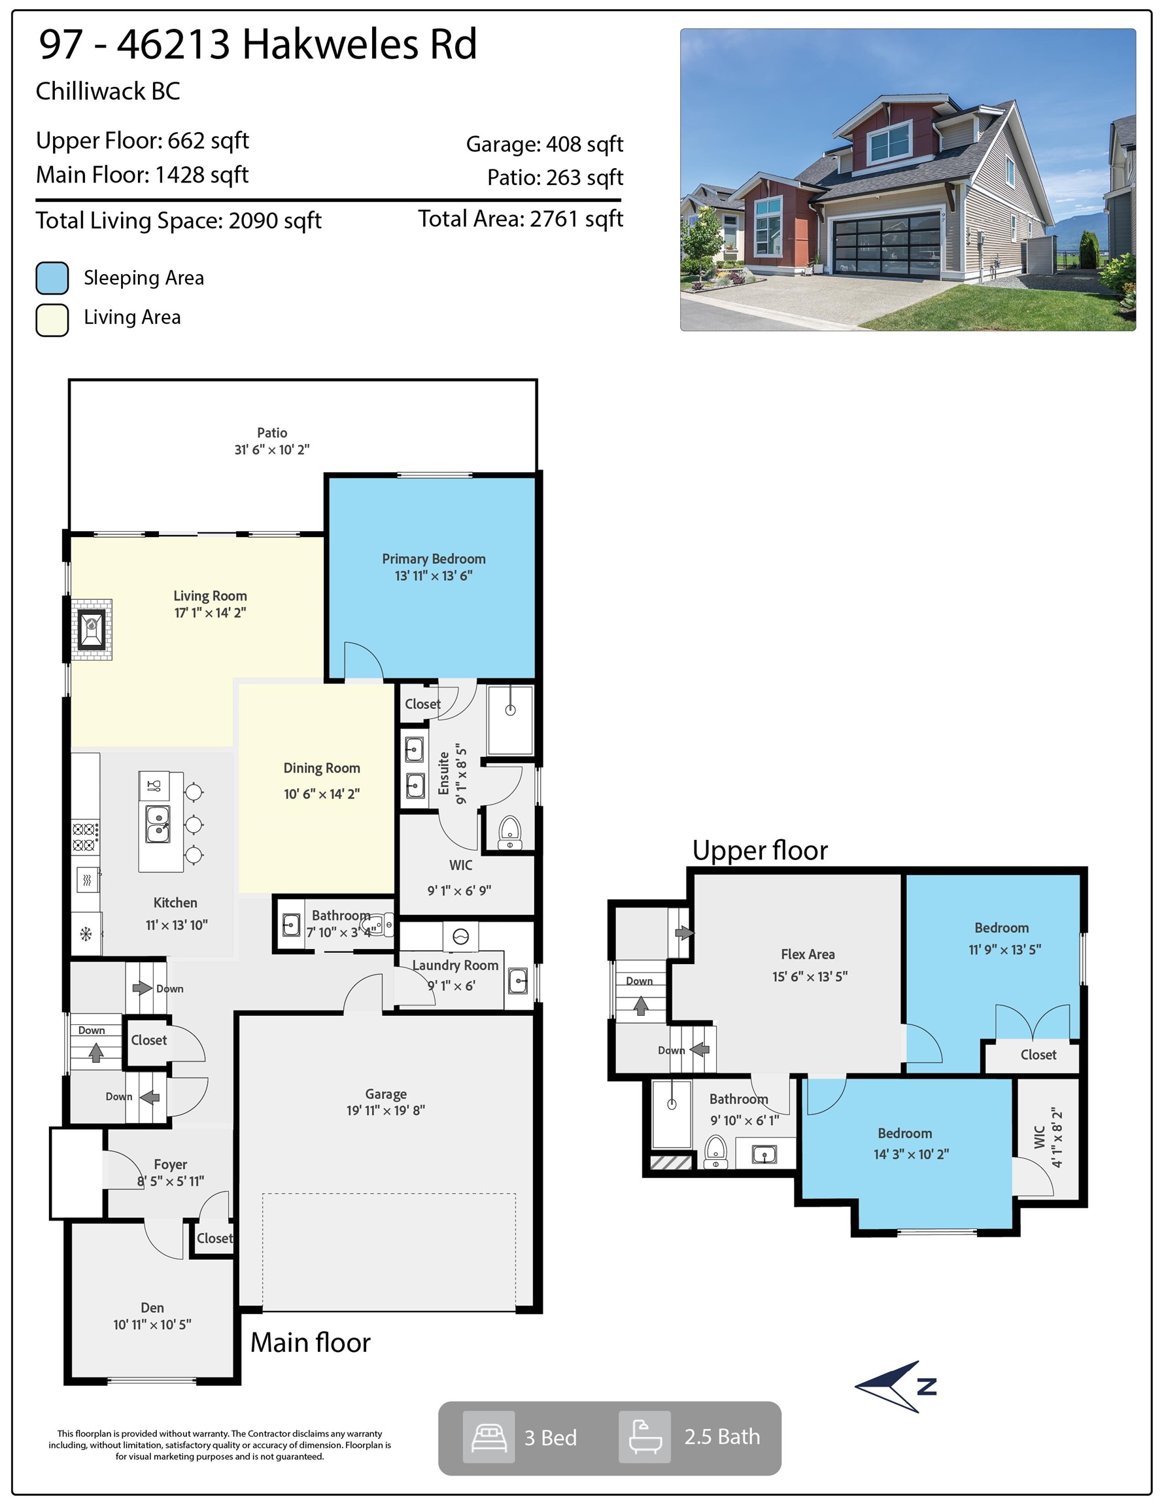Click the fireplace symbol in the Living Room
click(91, 629)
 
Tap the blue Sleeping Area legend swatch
click(52, 278)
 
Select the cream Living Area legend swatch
click(52, 319)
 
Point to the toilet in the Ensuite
click(510, 832)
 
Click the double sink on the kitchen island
click(158, 824)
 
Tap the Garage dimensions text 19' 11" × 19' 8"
click(386, 1110)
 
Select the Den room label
click(152, 1308)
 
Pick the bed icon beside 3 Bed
click(488, 1436)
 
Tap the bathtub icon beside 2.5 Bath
click(644, 1436)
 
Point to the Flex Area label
click(808, 954)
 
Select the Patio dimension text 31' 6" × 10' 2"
click(272, 450)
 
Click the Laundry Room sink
click(517, 980)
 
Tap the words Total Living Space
click(128, 221)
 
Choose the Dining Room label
click(322, 768)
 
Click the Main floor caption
click(311, 1342)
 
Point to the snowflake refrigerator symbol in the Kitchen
click(86, 934)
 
